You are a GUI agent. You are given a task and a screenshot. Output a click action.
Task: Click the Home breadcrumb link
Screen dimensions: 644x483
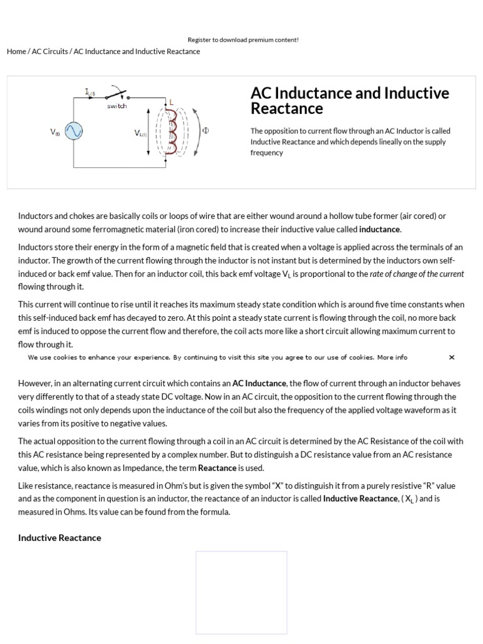coord(16,52)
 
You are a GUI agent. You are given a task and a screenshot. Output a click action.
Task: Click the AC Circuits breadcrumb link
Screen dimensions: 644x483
coord(50,52)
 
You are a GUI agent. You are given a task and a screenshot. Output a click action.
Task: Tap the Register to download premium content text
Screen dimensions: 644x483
coord(243,40)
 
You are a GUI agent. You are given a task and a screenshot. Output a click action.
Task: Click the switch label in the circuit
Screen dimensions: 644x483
coord(117,106)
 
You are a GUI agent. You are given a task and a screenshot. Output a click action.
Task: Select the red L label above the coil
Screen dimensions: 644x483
coord(171,102)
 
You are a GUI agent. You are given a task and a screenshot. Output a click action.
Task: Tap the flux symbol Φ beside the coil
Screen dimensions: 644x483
coord(205,131)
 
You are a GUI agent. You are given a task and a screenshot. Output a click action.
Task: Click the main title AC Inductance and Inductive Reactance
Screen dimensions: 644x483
coord(350,101)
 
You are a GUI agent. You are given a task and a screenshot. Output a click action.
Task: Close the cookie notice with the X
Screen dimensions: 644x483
coord(452,357)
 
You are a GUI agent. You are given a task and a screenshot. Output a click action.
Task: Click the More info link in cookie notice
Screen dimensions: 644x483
coord(392,357)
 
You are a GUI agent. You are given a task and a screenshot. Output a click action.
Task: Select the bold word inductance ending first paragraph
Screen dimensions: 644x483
coord(379,230)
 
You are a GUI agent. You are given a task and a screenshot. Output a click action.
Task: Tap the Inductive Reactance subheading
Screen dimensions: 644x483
coord(60,538)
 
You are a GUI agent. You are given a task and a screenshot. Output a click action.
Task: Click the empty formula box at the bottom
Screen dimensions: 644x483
coord(241,592)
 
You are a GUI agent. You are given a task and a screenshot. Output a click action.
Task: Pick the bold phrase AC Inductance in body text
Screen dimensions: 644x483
coord(259,383)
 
